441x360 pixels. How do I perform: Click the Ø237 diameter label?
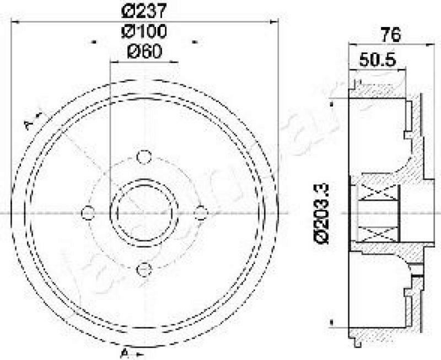(144, 11)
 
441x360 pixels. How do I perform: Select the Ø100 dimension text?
(144, 31)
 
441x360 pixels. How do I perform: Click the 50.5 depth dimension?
(378, 60)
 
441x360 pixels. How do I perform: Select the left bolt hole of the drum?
(87, 212)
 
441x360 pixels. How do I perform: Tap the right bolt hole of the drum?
(201, 212)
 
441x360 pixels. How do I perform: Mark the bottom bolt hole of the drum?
(144, 269)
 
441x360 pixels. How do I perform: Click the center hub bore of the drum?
(144, 212)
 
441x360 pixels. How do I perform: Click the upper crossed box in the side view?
(378, 197)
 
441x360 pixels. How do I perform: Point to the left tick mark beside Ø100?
(94, 41)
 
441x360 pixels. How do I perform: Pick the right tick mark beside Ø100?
(194, 41)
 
